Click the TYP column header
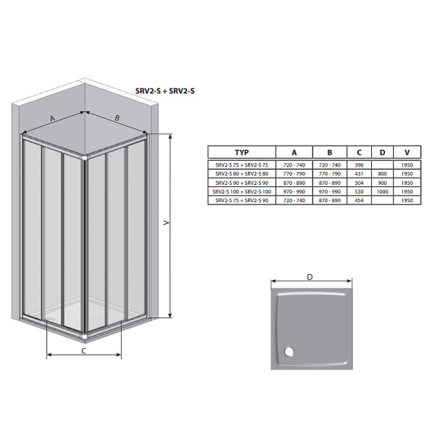point(241,152)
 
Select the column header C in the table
point(359,152)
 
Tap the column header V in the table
point(407,152)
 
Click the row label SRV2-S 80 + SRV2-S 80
point(241,174)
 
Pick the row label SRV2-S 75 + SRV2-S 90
point(241,200)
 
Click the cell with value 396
point(359,165)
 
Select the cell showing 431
point(359,174)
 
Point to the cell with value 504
point(359,183)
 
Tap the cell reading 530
point(359,191)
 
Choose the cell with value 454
point(359,200)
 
